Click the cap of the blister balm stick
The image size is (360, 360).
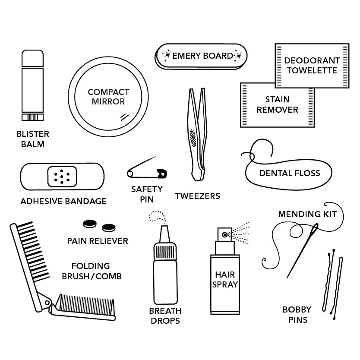click(33, 58)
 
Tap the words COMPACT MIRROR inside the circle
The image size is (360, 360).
click(108, 97)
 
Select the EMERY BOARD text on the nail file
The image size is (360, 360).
click(202, 56)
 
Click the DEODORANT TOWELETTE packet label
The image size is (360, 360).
click(312, 66)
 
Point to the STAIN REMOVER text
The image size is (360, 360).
click(278, 104)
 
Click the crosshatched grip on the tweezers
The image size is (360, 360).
click(193, 138)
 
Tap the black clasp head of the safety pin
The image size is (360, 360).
click(162, 174)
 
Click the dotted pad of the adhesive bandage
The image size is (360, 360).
click(62, 177)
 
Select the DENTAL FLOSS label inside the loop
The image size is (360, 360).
click(290, 173)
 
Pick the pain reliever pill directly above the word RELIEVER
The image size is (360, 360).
click(109, 228)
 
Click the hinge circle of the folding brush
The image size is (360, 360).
click(47, 302)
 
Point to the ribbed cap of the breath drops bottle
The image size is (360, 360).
click(165, 252)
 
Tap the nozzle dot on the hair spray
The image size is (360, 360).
click(225, 235)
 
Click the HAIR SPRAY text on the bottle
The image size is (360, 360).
click(225, 279)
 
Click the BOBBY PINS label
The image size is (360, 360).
click(297, 315)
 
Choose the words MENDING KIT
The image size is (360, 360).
click(307, 214)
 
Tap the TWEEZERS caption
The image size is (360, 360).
click(197, 196)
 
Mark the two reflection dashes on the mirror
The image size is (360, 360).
click(124, 117)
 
